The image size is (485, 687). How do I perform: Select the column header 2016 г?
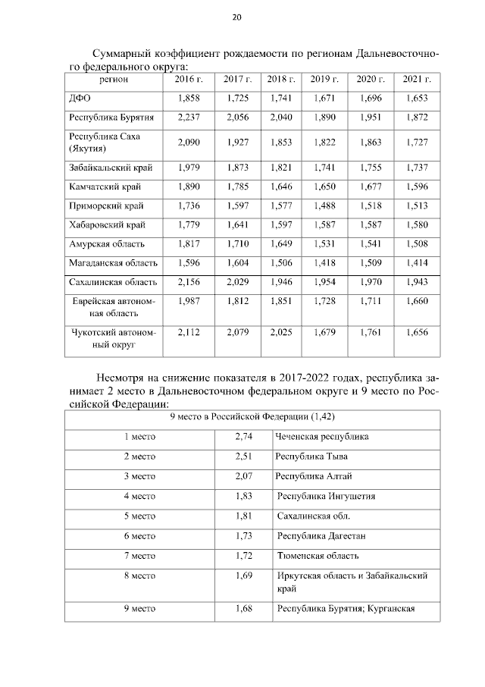coord(188,79)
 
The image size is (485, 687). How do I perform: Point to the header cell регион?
coord(114,79)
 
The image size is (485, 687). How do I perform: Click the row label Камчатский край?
coord(105,186)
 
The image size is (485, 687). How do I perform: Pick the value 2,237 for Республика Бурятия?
coord(188,118)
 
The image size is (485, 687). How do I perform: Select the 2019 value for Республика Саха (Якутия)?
coord(324,143)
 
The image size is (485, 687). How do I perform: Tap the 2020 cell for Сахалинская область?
coord(371,282)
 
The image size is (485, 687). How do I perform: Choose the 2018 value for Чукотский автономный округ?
coord(281,331)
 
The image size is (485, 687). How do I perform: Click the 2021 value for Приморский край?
coord(417,205)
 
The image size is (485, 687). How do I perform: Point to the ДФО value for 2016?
coord(188,99)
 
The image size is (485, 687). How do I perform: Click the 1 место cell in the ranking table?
coord(139,437)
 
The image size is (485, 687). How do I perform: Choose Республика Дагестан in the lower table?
coord(321,536)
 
